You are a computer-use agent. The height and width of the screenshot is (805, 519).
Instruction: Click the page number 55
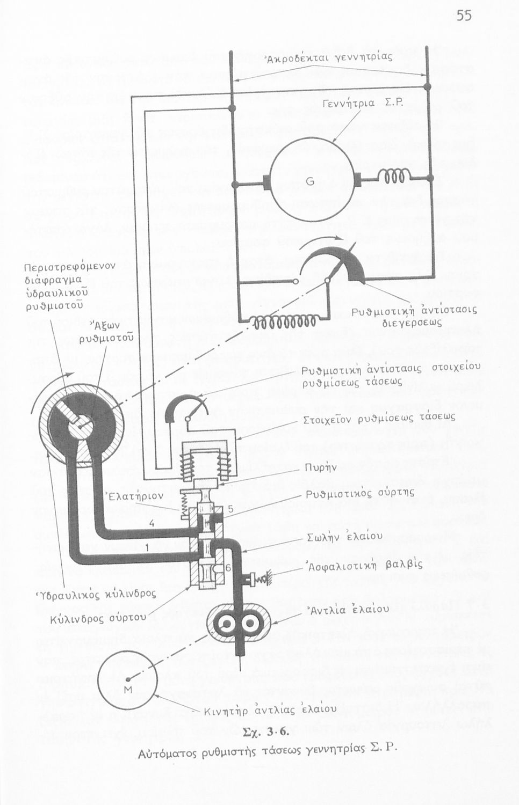pyautogui.click(x=464, y=16)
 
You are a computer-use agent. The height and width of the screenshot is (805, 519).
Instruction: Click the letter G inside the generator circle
pyautogui.click(x=310, y=181)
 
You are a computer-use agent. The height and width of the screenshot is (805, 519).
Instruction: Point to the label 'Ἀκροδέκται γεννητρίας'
pyautogui.click(x=329, y=57)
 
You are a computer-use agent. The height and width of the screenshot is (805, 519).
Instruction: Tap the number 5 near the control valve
pyautogui.click(x=230, y=509)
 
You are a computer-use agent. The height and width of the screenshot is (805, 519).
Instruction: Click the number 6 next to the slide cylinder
pyautogui.click(x=228, y=567)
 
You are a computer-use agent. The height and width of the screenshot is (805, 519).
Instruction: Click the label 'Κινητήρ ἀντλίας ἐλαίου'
pyautogui.click(x=270, y=710)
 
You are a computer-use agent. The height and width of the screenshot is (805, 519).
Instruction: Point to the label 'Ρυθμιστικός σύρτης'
pyautogui.click(x=360, y=493)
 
